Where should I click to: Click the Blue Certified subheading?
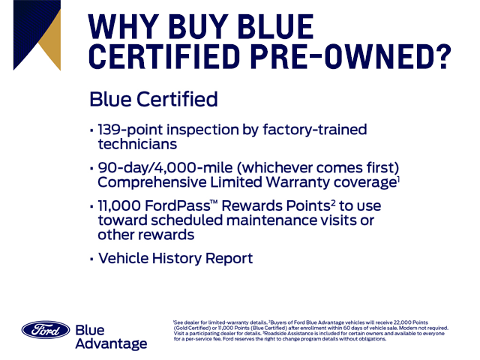(x=153, y=100)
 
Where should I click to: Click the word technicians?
(x=137, y=143)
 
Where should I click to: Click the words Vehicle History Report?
(x=175, y=259)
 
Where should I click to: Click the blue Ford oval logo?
(x=45, y=331)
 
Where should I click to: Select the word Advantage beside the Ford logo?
(x=111, y=343)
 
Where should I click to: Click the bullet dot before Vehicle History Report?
(x=91, y=259)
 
